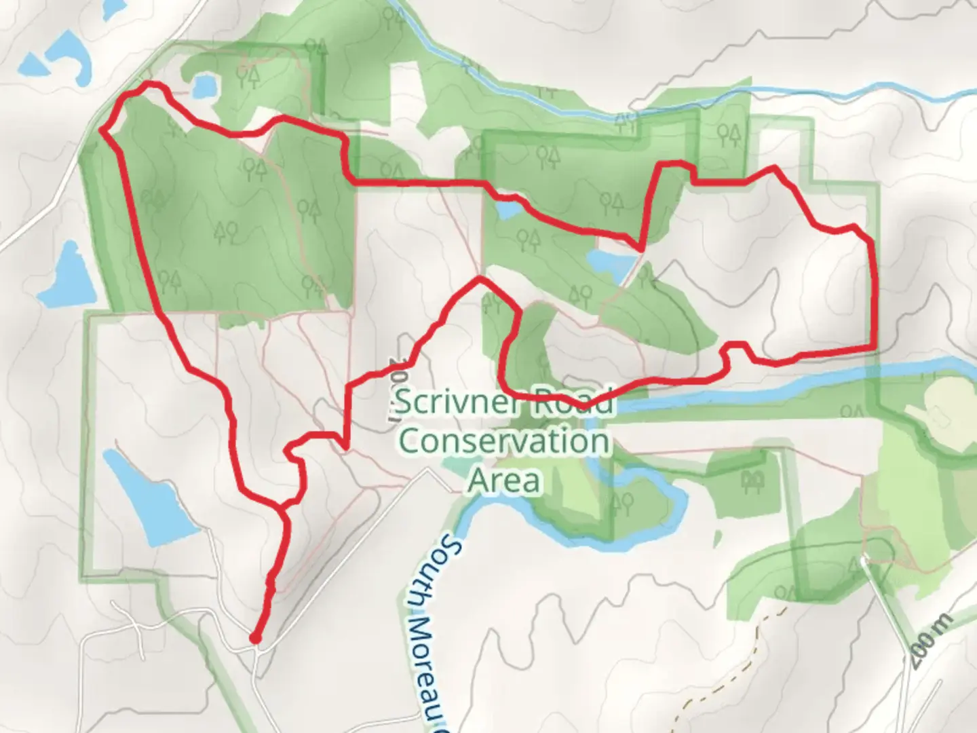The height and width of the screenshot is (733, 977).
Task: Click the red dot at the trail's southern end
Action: [x=255, y=638]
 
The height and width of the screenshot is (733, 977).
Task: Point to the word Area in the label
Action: [x=505, y=481]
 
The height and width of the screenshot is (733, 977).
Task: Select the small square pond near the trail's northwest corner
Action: [x=203, y=87]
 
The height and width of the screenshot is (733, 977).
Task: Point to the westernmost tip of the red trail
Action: [x=102, y=129]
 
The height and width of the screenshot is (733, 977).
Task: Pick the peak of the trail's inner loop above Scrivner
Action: [x=480, y=278]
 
